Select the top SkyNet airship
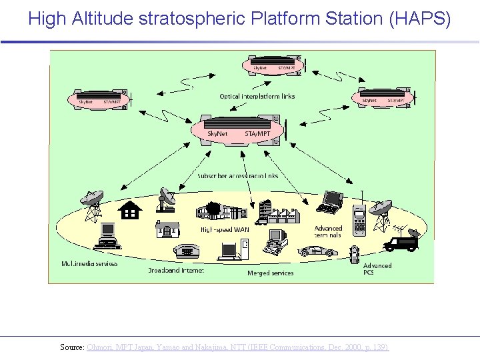click(273, 66)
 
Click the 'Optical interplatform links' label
click(257, 97)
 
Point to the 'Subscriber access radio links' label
click(237, 176)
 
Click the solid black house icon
click(130, 211)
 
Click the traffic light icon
click(355, 254)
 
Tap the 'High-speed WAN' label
click(224, 229)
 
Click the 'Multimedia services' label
click(89, 263)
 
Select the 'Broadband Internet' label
click(175, 271)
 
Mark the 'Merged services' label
click(270, 273)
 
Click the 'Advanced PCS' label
click(377, 269)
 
